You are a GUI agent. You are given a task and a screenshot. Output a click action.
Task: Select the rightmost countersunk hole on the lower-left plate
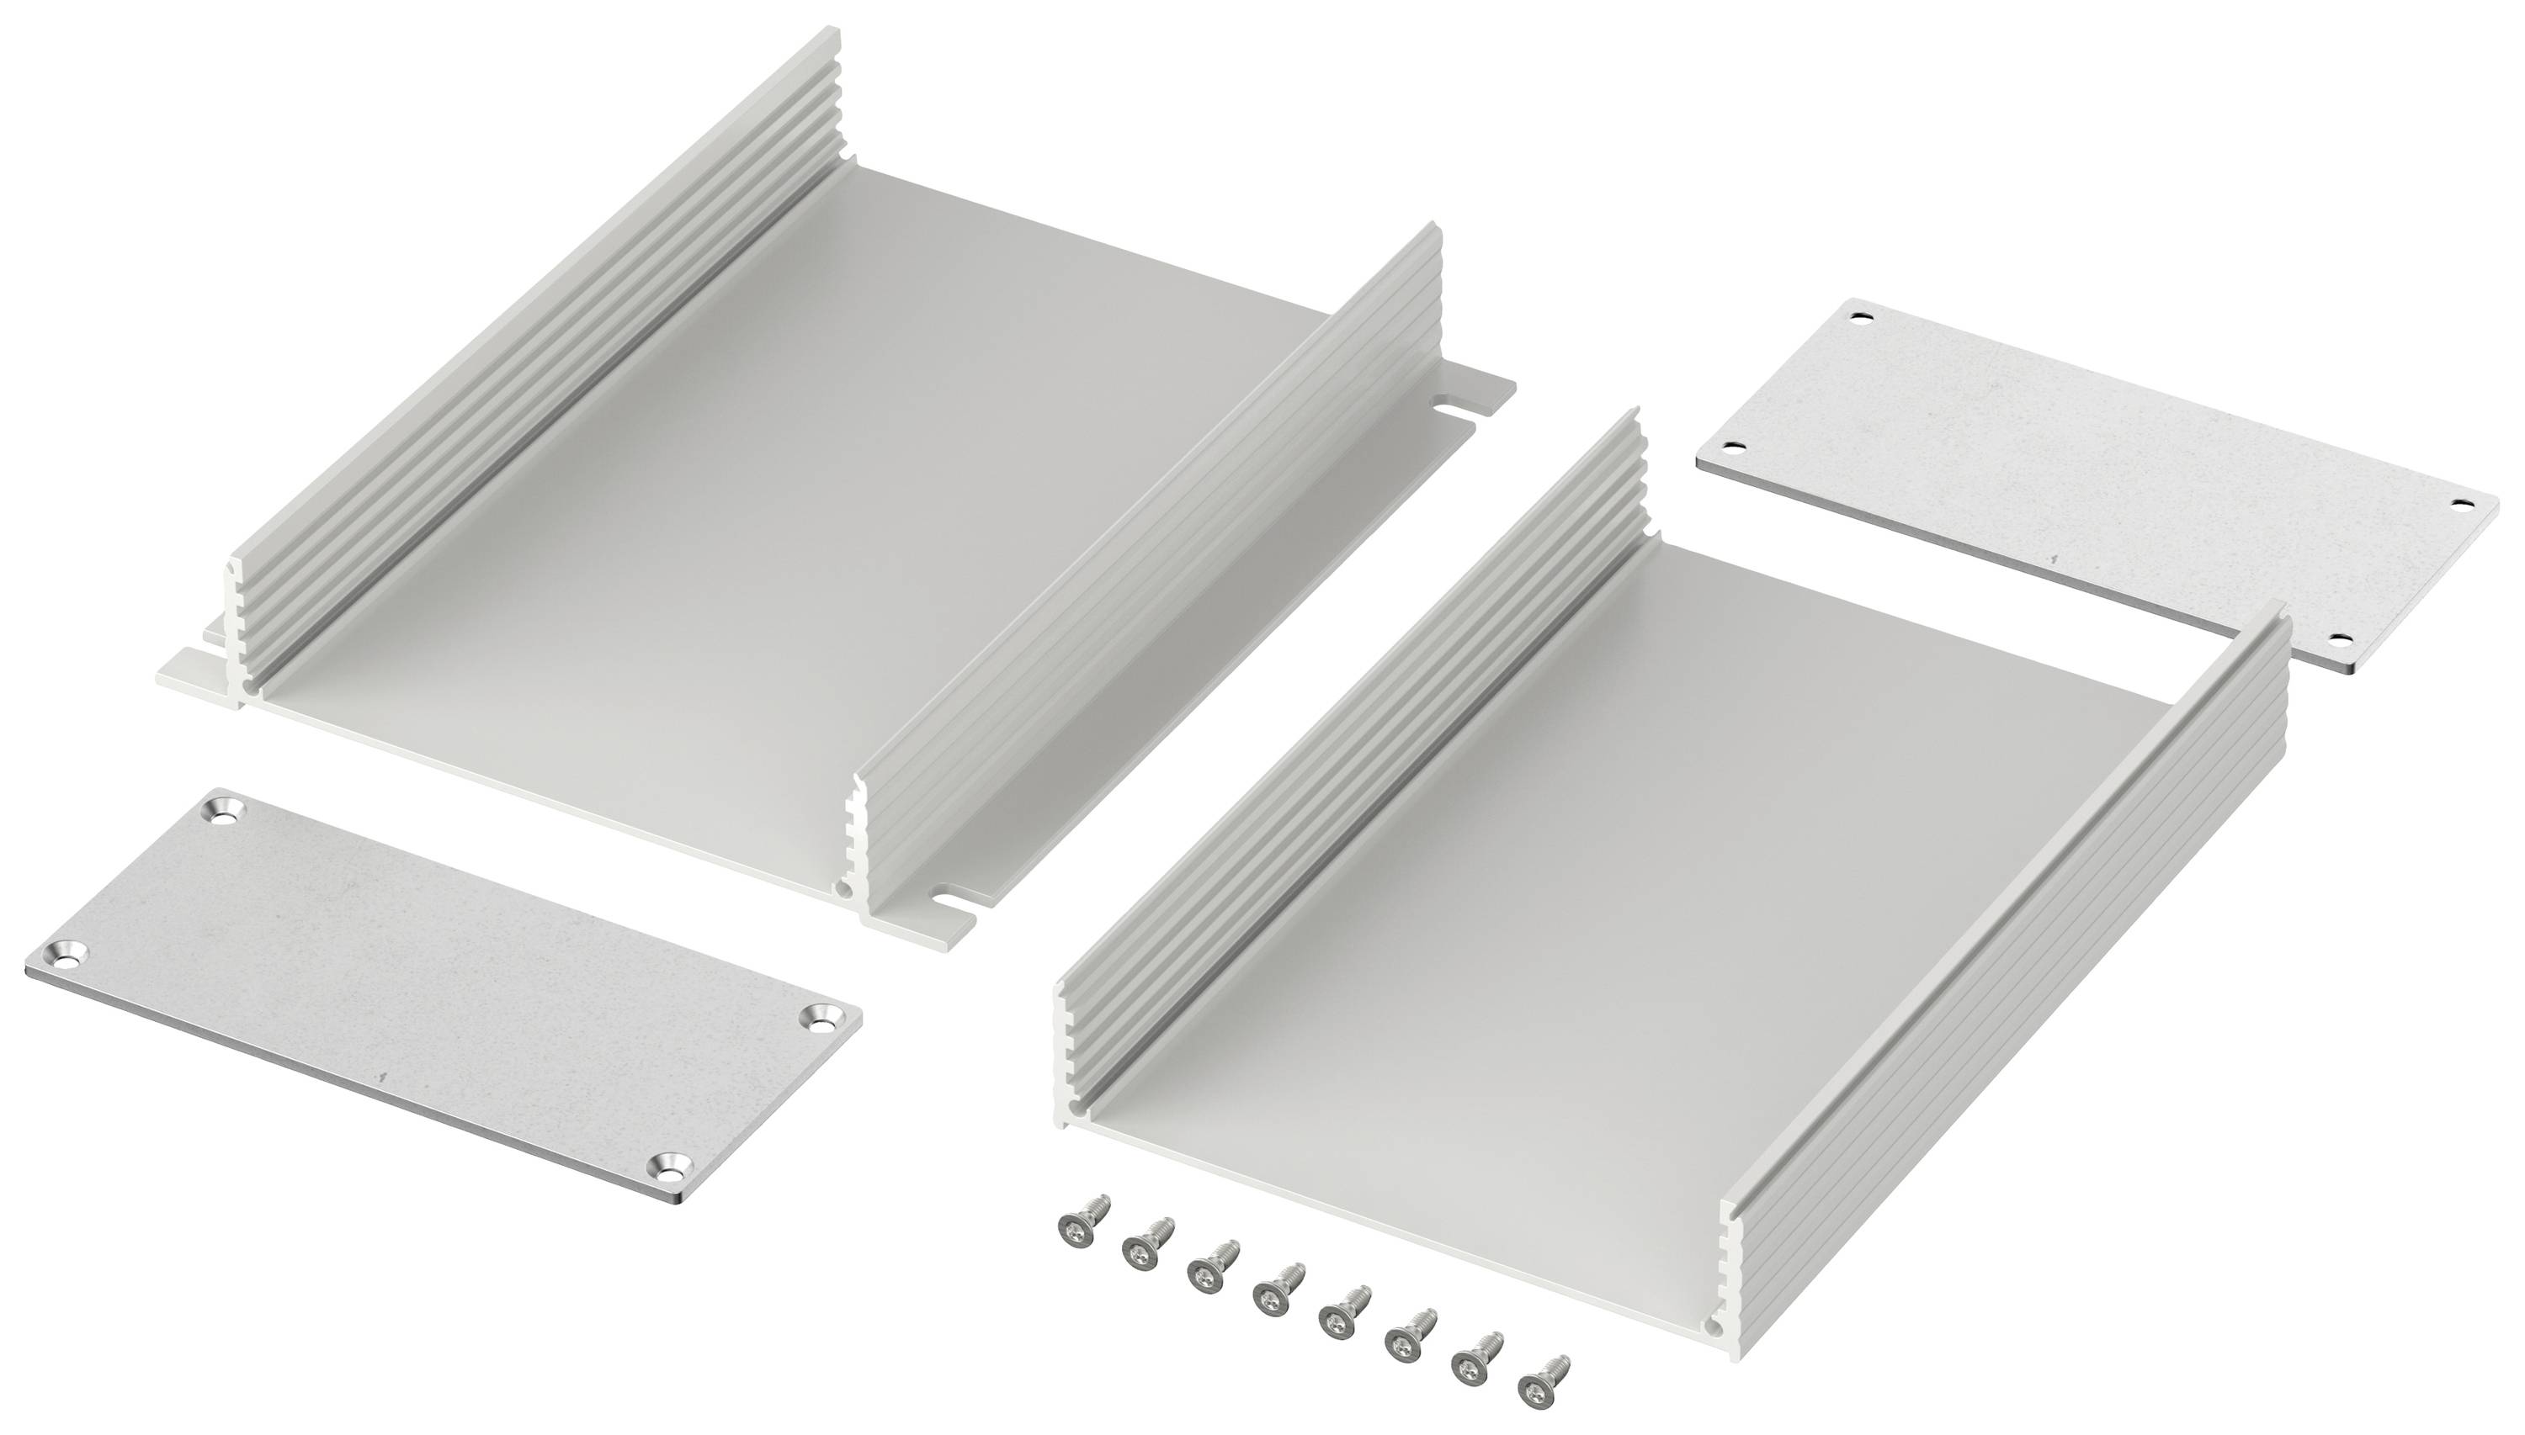pos(822,1017)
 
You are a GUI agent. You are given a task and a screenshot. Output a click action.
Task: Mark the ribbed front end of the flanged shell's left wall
pos(237,631)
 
